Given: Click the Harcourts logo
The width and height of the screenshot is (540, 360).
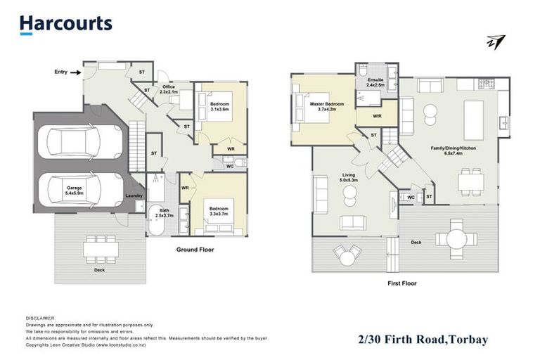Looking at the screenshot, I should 65,24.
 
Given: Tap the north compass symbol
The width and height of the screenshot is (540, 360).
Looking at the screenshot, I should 496,41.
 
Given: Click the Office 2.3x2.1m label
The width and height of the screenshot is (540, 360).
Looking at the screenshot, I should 169,89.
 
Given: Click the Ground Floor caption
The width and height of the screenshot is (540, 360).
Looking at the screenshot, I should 195,250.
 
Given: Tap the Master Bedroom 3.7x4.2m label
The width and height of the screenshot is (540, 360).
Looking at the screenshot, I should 326,106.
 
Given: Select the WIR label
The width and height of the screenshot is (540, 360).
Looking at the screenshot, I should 377,115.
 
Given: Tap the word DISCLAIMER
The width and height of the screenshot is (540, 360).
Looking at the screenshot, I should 39,318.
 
